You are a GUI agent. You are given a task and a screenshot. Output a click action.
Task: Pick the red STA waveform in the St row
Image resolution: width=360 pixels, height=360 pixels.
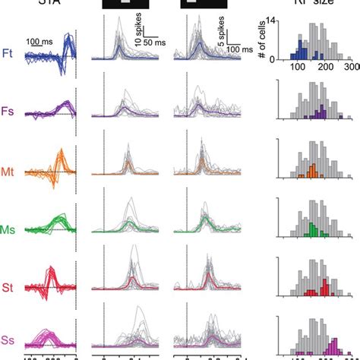pyautogui.click(x=52, y=278)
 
